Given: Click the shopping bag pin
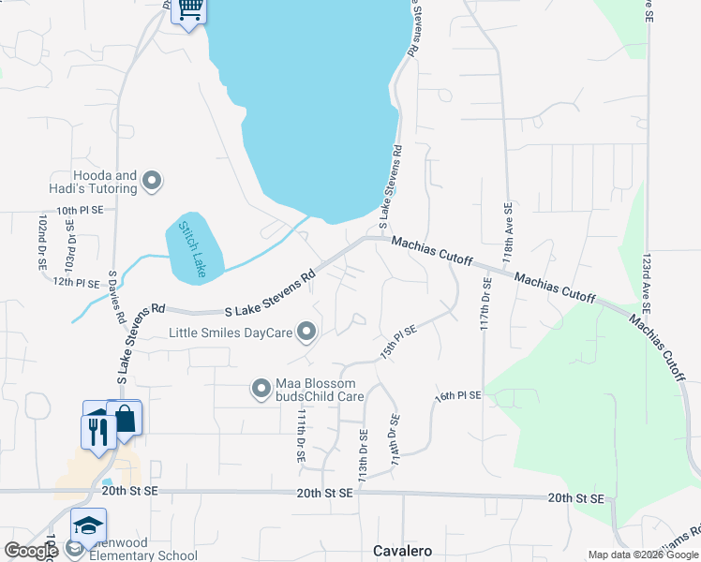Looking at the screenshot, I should pyautogui.click(x=124, y=420).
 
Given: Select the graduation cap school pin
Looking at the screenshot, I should pyautogui.click(x=88, y=526).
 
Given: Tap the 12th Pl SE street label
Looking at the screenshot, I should pyautogui.click(x=76, y=282).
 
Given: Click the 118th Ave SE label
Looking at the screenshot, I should pyautogui.click(x=507, y=230).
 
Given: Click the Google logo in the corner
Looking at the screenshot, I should pyautogui.click(x=31, y=551).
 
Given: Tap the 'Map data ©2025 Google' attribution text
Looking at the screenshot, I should pyautogui.click(x=642, y=555).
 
